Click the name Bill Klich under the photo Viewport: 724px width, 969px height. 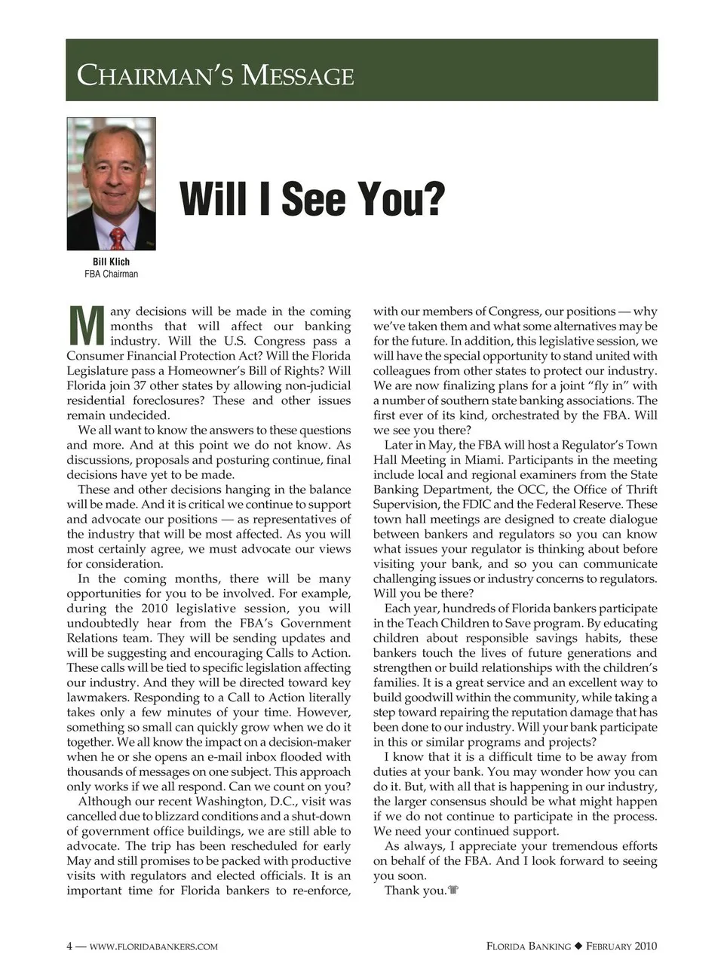pyautogui.click(x=111, y=262)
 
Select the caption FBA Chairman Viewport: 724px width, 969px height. pyautogui.click(x=111, y=274)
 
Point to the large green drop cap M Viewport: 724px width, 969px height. pyautogui.click(x=86, y=325)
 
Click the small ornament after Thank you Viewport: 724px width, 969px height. pyautogui.click(x=453, y=891)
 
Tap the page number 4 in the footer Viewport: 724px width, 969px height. pyautogui.click(x=69, y=946)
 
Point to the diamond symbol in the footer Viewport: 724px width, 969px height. pyautogui.click(x=578, y=946)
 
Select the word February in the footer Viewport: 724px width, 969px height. pyautogui.click(x=610, y=946)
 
